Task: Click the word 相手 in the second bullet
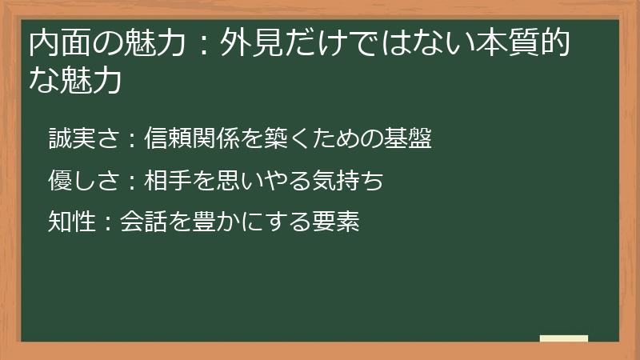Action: (x=167, y=182)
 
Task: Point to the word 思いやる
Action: (x=251, y=182)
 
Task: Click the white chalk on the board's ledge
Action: (x=563, y=338)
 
